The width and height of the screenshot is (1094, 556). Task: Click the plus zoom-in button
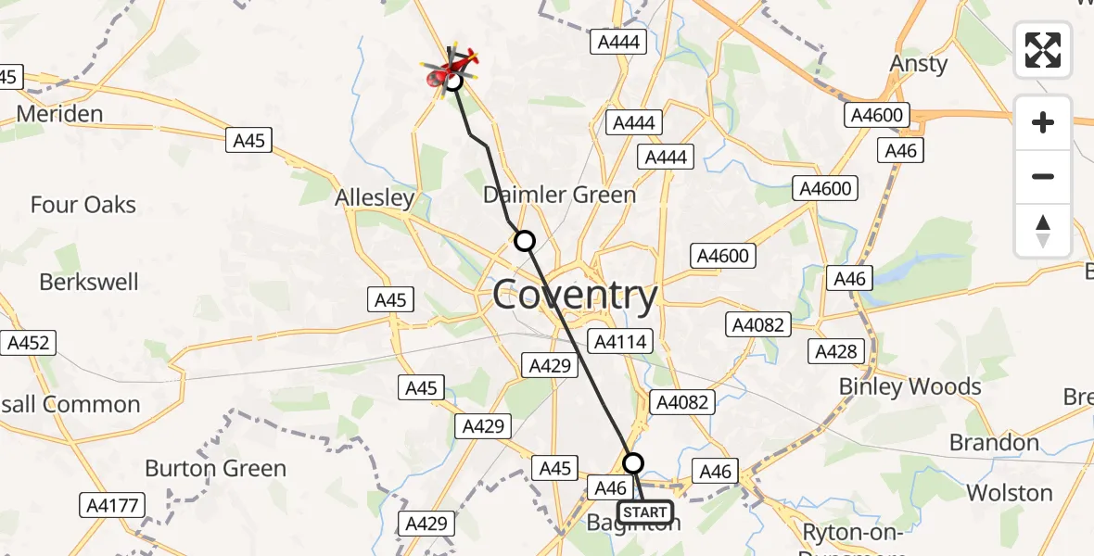point(1043,122)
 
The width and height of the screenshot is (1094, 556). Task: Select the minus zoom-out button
point(1043,176)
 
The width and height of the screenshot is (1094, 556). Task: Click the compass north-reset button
point(1043,231)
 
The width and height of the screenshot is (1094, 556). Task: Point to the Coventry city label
point(575,296)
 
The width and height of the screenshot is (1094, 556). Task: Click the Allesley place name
point(375,198)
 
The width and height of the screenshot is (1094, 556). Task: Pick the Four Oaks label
point(83,205)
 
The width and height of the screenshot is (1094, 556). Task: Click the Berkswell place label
point(89,282)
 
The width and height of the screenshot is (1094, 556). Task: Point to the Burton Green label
point(215,469)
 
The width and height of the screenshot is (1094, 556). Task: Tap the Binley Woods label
point(910,386)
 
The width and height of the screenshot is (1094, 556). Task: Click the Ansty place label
point(918,64)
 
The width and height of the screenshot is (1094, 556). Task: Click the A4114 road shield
point(620,342)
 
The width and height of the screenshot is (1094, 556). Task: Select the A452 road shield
point(28,343)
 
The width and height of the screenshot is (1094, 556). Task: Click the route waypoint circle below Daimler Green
point(525,241)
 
